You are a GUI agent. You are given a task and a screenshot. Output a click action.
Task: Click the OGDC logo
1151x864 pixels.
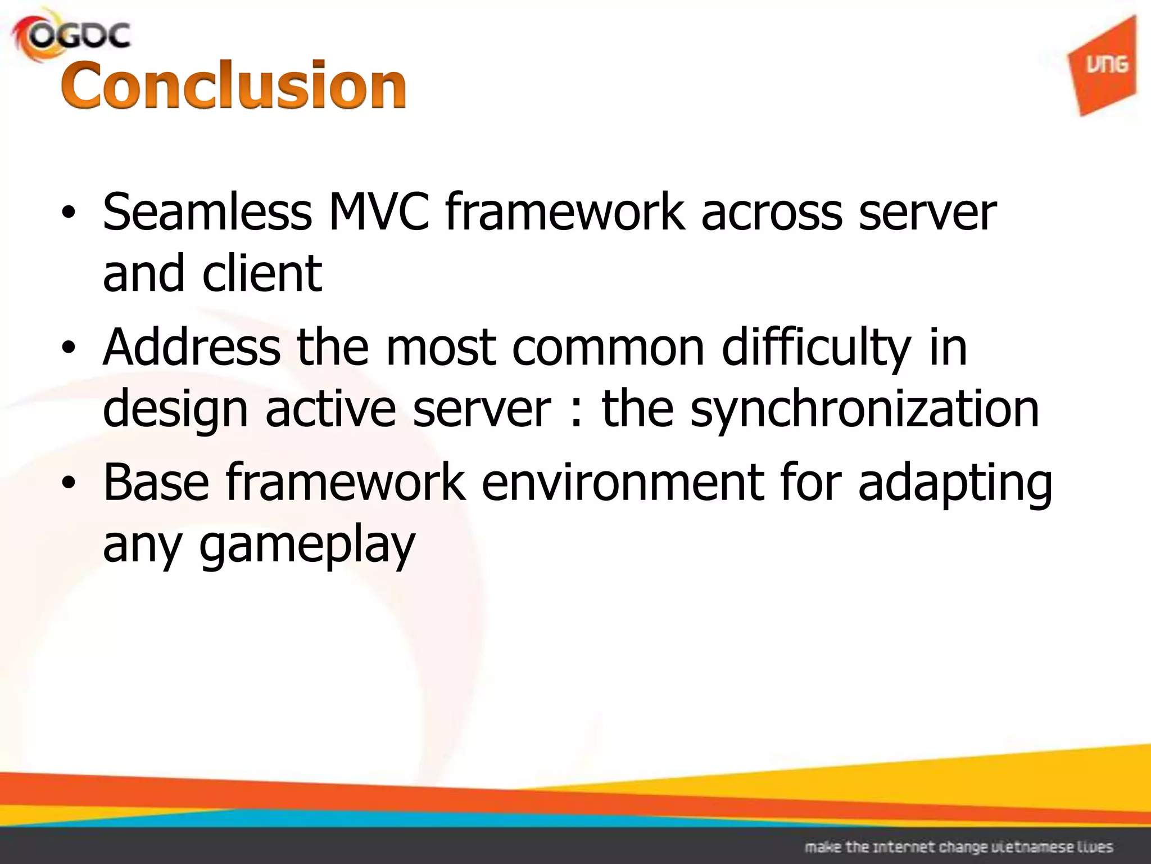pyautogui.click(x=72, y=36)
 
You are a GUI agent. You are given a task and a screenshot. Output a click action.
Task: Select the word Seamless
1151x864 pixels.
pyautogui.click(x=207, y=212)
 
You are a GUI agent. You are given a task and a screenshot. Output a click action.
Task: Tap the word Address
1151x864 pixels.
pyautogui.click(x=191, y=348)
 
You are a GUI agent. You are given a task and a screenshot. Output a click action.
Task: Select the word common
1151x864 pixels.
pyautogui.click(x=608, y=348)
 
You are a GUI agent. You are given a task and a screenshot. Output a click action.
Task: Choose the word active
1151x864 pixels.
pyautogui.click(x=330, y=409)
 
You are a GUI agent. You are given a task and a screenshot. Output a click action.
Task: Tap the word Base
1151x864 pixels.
pyautogui.click(x=156, y=482)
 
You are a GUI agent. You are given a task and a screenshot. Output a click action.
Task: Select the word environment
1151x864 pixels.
pyautogui.click(x=622, y=482)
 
